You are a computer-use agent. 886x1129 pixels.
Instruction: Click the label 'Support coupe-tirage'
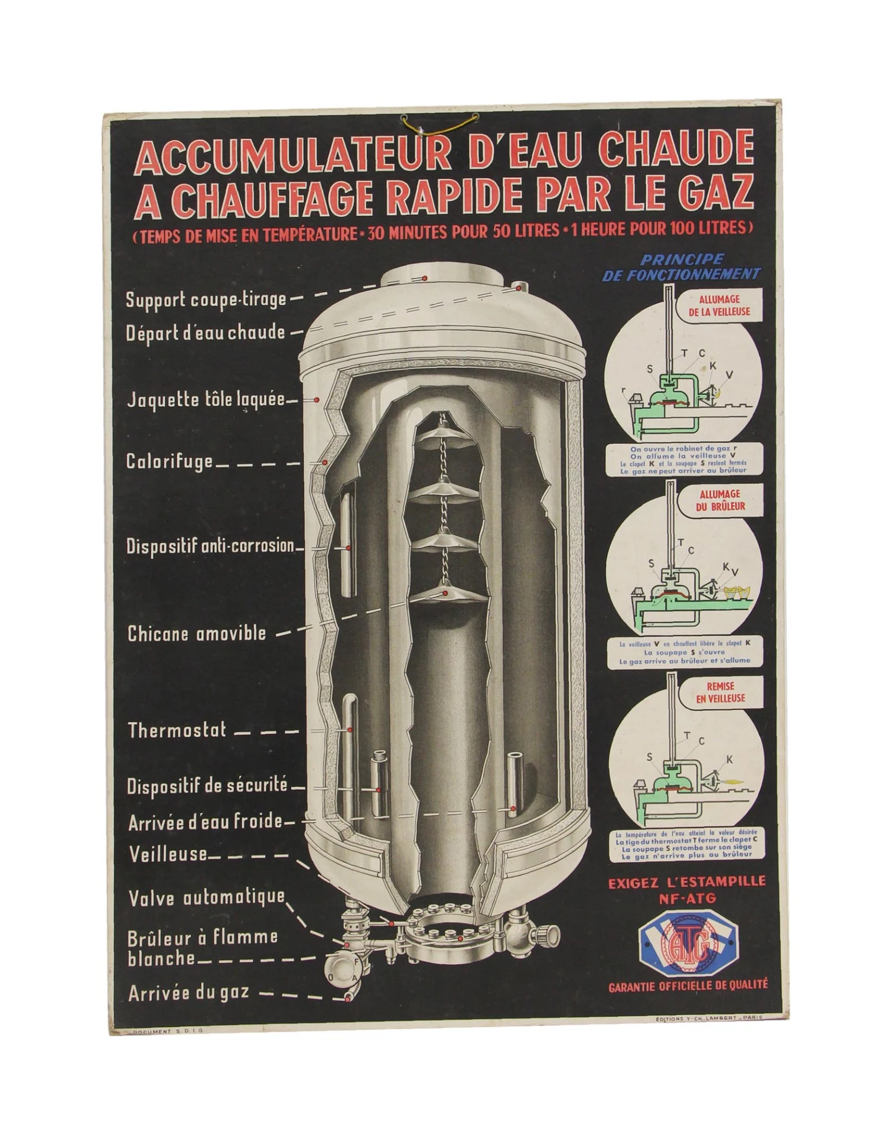click(206, 300)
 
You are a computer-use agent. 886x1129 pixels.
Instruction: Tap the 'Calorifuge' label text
click(169, 461)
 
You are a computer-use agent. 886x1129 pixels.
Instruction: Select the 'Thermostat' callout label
click(177, 730)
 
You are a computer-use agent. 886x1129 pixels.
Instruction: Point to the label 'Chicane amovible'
click(197, 634)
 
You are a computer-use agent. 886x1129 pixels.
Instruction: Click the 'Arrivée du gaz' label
click(188, 993)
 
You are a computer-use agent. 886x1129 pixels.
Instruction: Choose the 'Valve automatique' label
click(207, 898)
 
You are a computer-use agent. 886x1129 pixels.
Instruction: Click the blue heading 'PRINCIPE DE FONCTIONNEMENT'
click(681, 267)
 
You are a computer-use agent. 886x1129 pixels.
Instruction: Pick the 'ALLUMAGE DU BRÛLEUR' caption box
click(722, 500)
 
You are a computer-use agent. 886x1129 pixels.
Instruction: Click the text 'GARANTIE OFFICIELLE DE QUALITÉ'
click(688, 985)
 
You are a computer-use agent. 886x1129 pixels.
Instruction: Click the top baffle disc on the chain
click(444, 432)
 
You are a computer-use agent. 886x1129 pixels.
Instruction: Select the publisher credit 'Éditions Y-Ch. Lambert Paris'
click(709, 1017)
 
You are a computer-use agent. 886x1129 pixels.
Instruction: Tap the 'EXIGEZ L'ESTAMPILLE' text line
click(687, 882)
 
